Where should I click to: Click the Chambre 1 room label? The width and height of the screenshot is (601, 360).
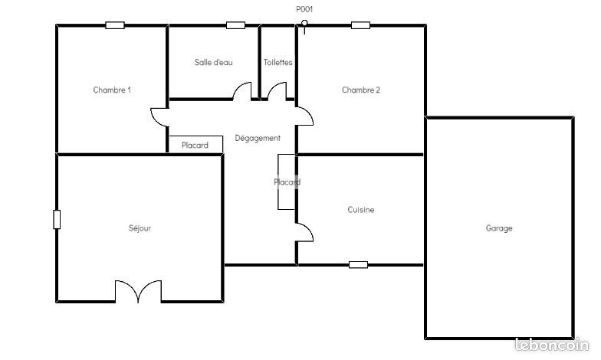point(112,90)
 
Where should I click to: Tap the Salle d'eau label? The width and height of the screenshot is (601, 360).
point(214,62)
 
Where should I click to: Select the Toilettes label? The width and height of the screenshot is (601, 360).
point(278,62)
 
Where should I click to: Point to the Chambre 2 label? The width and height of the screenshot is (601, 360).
point(361,90)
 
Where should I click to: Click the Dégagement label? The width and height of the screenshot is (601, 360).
point(258,138)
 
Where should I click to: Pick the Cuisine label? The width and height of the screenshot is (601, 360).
point(361,209)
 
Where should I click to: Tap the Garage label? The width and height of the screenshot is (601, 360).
point(499,227)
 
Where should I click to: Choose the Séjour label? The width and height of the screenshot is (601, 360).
point(140,227)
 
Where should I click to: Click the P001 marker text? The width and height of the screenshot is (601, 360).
point(304,9)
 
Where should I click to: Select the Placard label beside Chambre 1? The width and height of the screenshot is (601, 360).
point(195,146)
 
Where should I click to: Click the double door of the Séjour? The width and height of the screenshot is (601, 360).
point(139,292)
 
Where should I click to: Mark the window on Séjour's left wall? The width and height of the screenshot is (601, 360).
point(56,219)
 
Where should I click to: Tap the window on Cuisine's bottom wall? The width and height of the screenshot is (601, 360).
point(358,265)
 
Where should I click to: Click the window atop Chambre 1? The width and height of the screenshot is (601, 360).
point(115,25)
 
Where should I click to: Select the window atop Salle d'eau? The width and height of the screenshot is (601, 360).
point(235,25)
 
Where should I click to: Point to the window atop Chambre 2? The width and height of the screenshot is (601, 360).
point(361,25)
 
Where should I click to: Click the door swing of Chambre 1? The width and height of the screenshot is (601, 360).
point(159,116)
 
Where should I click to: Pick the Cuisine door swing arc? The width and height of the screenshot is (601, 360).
point(305,232)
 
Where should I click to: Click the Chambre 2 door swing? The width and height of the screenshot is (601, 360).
point(305,116)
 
